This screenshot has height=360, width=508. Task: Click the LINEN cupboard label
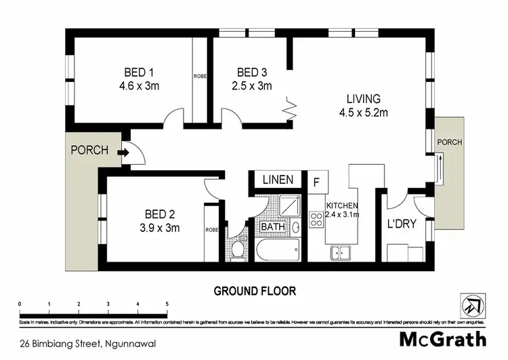(278, 180)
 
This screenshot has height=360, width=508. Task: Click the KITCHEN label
(342, 205)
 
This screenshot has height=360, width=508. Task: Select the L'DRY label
(400, 223)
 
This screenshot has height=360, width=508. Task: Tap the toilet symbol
(237, 249)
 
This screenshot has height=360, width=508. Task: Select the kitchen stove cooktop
(316, 219)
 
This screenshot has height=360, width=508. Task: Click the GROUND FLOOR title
(255, 292)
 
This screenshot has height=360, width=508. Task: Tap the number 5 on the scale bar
(167, 304)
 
